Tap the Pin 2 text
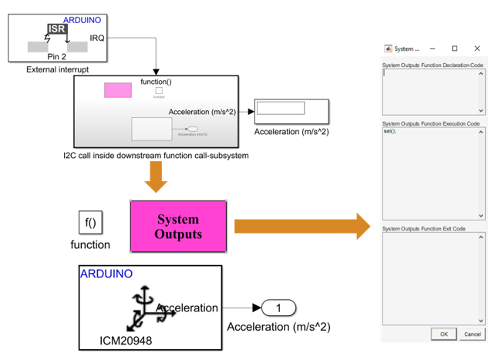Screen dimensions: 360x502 tap(58, 56)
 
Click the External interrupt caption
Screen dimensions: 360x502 tap(58, 70)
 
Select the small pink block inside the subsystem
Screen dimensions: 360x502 tap(118, 90)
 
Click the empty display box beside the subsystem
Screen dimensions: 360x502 tap(281, 109)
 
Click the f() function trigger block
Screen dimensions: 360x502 tap(90, 224)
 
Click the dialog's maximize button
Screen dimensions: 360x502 tap(455, 49)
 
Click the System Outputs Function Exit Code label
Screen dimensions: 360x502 tap(425, 228)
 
